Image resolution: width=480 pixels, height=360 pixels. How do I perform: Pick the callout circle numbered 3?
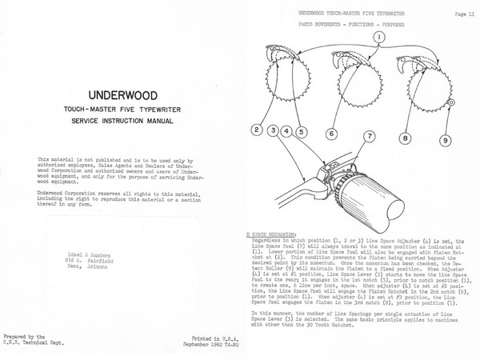tap(274, 129)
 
